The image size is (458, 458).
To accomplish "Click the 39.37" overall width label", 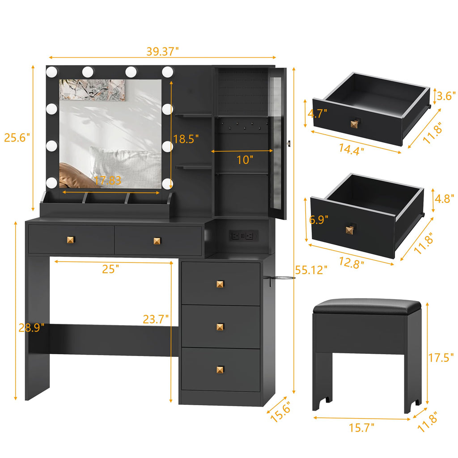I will [x=162, y=51].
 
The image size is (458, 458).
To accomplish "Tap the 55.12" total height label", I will [x=311, y=270].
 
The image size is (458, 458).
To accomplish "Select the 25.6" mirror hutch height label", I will [x=17, y=138].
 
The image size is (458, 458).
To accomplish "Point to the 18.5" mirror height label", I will [x=186, y=139].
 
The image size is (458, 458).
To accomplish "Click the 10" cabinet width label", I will [x=245, y=159].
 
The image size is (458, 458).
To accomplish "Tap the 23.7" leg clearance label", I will [x=156, y=319].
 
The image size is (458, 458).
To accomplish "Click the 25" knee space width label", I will [x=110, y=269].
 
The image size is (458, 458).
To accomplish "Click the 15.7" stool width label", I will [x=361, y=428].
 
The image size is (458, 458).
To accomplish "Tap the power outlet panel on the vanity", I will [x=244, y=235].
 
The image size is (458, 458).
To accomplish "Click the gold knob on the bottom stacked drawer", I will [x=220, y=369].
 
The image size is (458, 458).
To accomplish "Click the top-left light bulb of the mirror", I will [x=52, y=71].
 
